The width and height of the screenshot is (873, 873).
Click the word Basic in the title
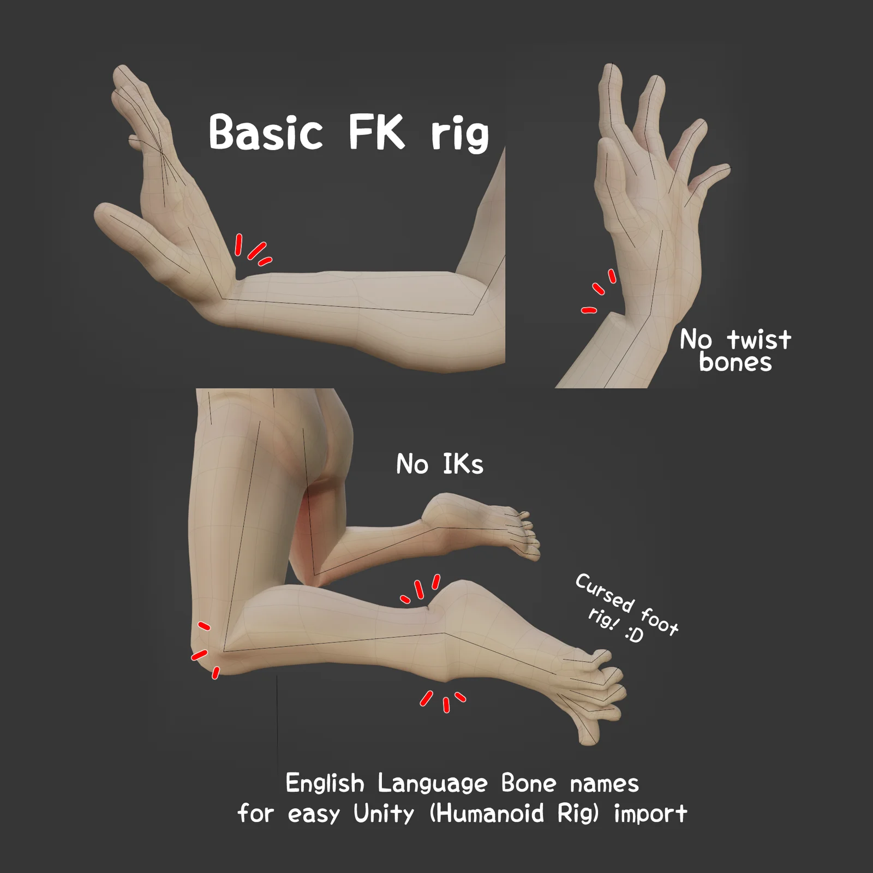click(x=266, y=132)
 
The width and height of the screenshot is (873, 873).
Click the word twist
click(x=759, y=339)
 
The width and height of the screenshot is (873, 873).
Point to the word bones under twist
click(x=736, y=362)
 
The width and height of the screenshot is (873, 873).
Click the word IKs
click(x=463, y=464)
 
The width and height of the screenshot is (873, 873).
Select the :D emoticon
click(x=634, y=634)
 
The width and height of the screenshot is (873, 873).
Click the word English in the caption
click(x=325, y=784)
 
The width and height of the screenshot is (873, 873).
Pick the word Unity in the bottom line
click(x=384, y=814)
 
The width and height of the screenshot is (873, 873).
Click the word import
click(x=650, y=814)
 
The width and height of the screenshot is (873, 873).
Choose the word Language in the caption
click(x=432, y=784)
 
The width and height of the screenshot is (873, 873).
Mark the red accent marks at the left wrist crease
click(x=252, y=250)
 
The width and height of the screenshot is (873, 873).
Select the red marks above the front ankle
click(x=421, y=589)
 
